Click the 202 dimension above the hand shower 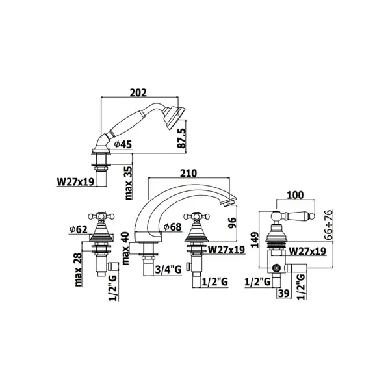138,92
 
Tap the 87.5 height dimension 182,138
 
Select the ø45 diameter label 123,144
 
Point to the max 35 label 129,183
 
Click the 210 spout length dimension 188,173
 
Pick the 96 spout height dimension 231,223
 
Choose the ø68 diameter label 173,227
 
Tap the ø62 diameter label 79,229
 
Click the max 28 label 79,270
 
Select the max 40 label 126,248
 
